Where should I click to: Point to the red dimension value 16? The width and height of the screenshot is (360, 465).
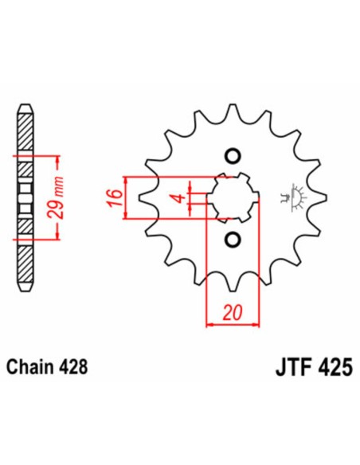coord(114,196)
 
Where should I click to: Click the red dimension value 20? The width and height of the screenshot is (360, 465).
coord(232,312)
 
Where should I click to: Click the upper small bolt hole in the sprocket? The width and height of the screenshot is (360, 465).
coord(233,154)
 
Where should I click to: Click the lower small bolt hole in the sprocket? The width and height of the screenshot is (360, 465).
coord(233,239)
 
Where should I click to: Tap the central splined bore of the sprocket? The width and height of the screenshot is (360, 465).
coord(233,197)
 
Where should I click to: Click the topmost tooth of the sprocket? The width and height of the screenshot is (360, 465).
coord(232,111)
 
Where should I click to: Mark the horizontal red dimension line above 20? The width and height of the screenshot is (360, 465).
coord(233,324)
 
